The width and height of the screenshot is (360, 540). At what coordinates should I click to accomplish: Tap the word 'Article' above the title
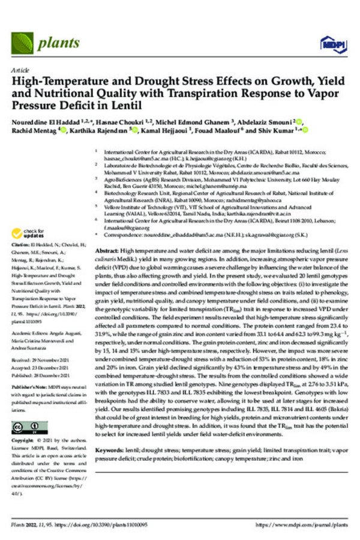(19, 71)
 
